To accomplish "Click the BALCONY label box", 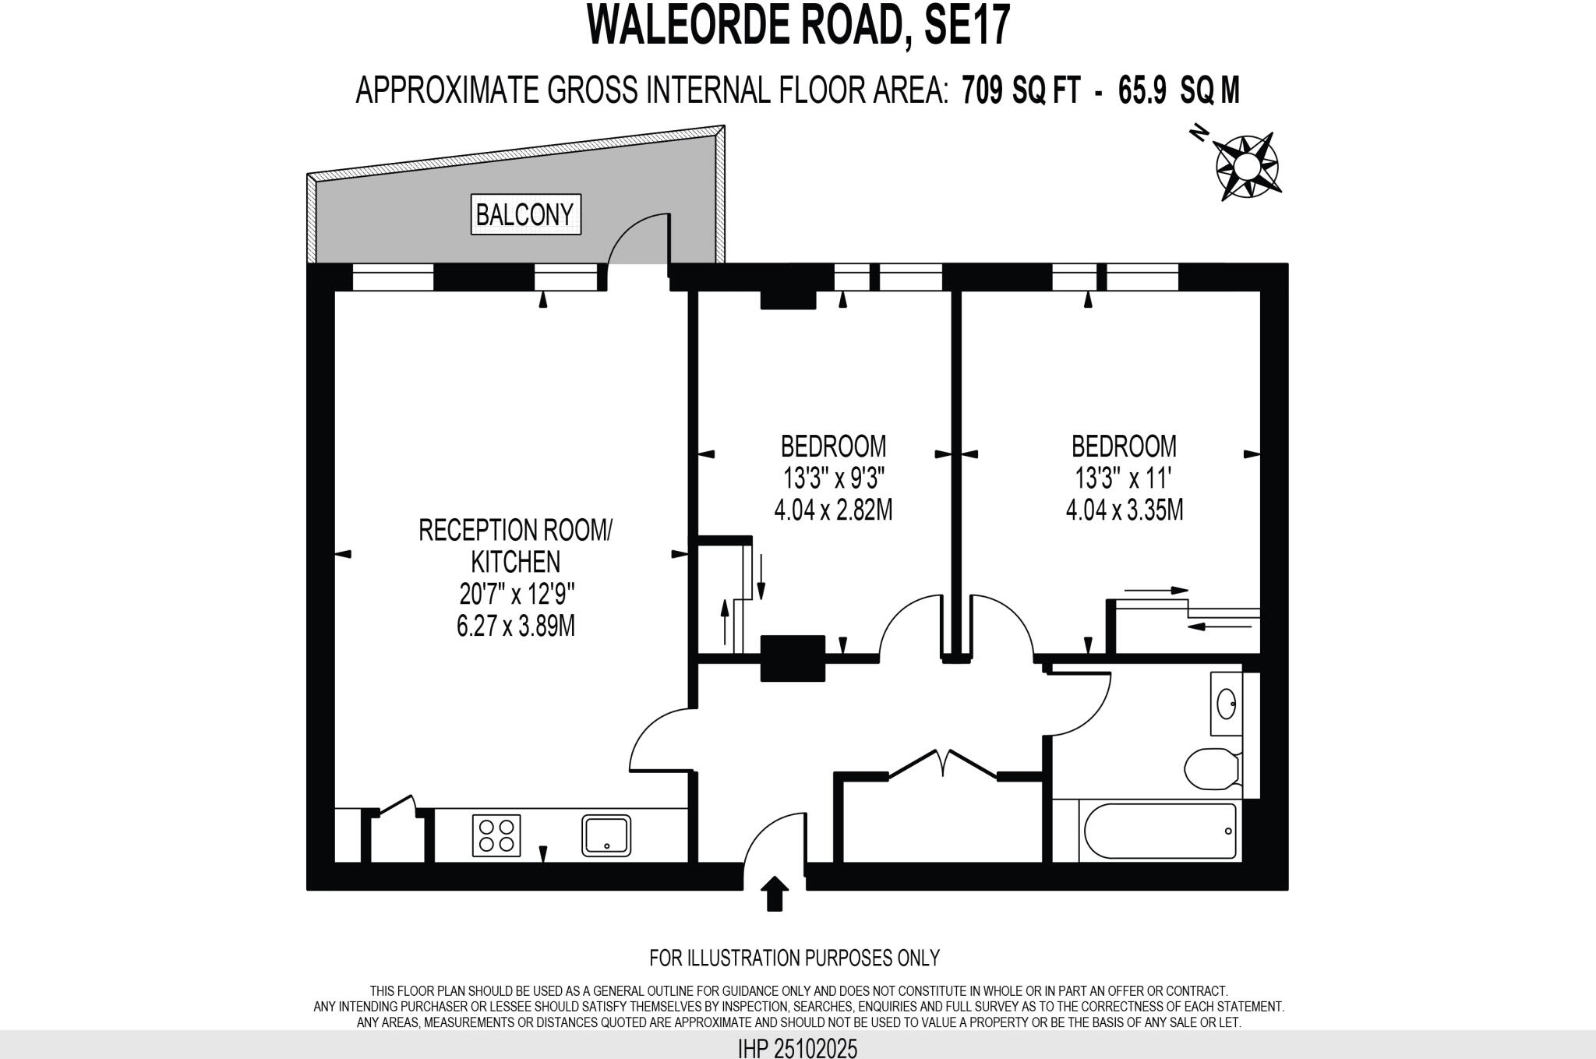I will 526,214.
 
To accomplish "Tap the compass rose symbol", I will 1247,166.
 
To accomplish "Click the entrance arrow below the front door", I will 774,892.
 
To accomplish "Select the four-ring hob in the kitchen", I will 496,835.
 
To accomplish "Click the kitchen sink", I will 606,835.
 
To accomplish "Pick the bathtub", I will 1160,831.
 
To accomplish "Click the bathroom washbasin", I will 1226,704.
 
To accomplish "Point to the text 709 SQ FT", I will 1021,90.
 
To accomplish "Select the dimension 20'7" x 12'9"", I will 517,595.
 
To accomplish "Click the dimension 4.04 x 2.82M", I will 833,510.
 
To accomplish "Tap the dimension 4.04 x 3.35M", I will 1124,510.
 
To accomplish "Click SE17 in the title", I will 966,25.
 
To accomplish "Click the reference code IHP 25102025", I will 797,1048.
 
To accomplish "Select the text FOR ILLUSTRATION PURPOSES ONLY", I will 794,957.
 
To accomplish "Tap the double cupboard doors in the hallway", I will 942,764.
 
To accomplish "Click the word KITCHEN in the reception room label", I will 515,562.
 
